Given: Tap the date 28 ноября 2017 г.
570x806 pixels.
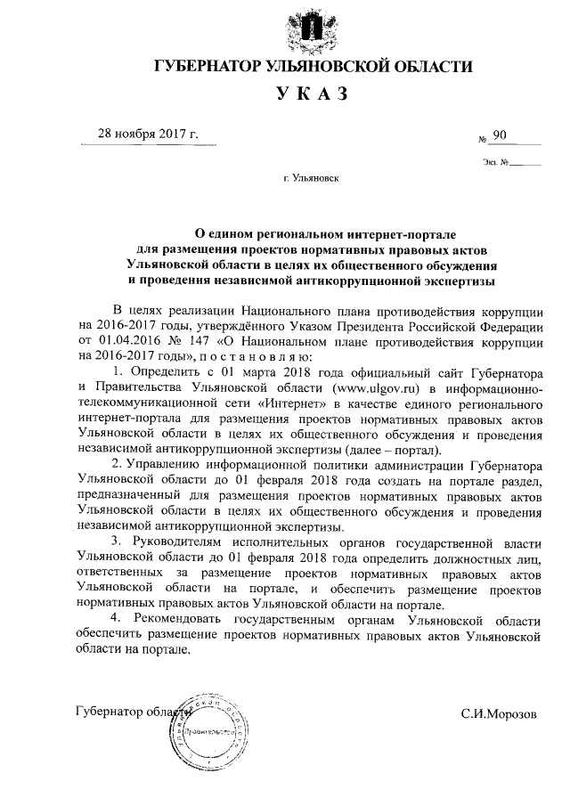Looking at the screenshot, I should click(148, 134).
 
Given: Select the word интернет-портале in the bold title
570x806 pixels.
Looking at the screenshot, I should click(373, 232).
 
